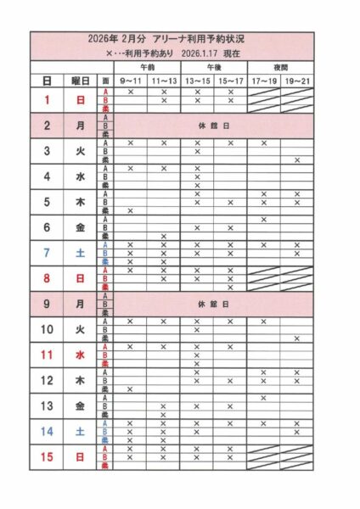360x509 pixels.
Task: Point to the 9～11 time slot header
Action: [130, 80]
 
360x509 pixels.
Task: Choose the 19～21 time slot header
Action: [296, 80]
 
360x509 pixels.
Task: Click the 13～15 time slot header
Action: [197, 80]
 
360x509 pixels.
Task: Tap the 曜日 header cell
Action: [80, 80]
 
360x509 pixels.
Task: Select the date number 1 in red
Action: [47, 100]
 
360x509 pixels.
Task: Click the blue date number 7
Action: [47, 253]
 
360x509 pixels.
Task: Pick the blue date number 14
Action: [47, 431]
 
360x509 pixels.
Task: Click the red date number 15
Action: [47, 456]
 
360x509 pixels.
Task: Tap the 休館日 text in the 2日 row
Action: [213, 126]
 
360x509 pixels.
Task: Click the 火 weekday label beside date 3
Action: [80, 151]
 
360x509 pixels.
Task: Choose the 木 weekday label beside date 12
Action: [80, 380]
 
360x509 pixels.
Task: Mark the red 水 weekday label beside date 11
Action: [80, 355]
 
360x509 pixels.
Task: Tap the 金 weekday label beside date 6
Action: [80, 227]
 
